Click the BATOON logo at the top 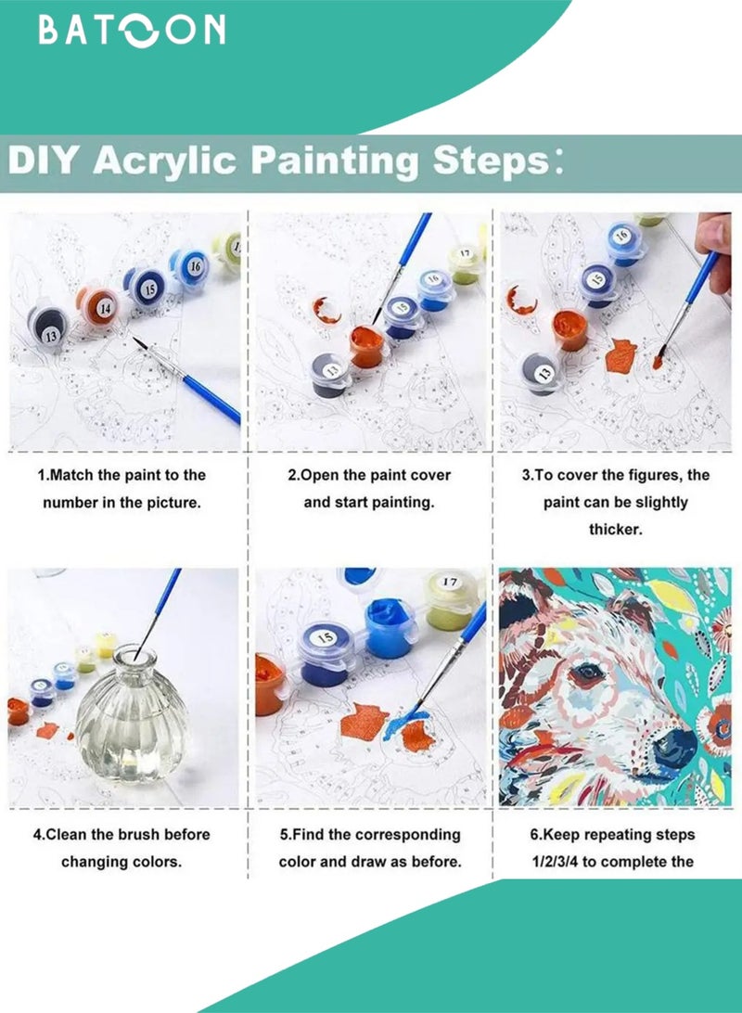click(x=132, y=31)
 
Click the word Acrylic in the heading click(x=164, y=160)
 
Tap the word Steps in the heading click(x=491, y=160)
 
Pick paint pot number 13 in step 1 click(x=48, y=327)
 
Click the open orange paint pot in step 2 click(x=367, y=346)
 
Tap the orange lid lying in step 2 click(x=326, y=310)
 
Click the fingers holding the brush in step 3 click(x=714, y=249)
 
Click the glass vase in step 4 click(x=132, y=716)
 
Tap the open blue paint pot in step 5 click(x=390, y=627)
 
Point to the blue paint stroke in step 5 click(x=408, y=724)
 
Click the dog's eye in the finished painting click(x=588, y=673)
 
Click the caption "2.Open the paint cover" click(x=369, y=475)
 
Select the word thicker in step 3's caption click(x=615, y=529)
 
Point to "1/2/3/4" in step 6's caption click(x=555, y=862)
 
